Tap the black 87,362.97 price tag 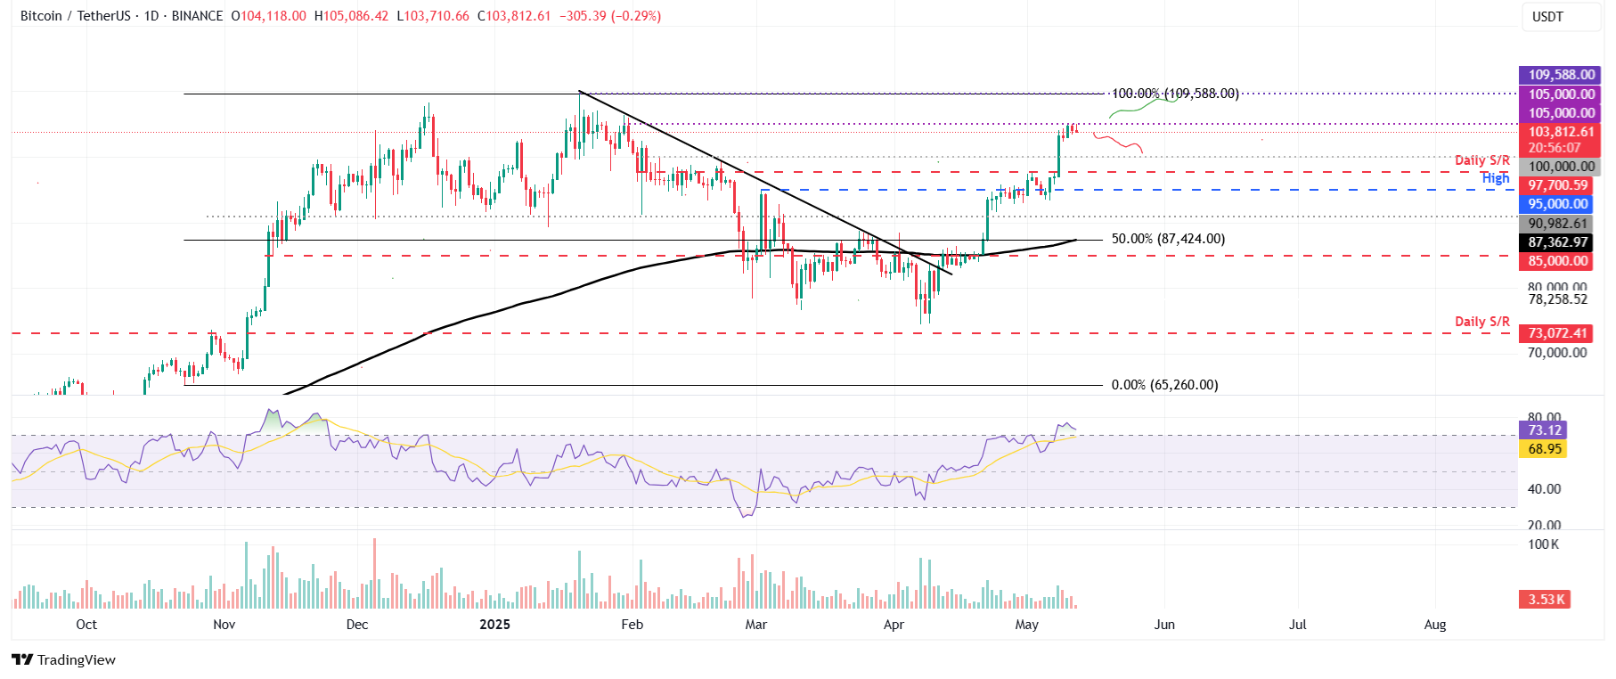point(1557,242)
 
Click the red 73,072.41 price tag point(1557,333)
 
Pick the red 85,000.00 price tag point(1557,261)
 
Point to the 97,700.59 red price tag point(1557,185)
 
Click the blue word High point(1495,178)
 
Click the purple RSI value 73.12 point(1544,430)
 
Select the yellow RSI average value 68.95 point(1544,449)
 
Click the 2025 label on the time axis point(494,625)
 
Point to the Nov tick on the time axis point(224,625)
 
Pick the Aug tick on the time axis point(1434,625)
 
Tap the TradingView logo point(63,660)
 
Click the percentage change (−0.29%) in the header point(636,16)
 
